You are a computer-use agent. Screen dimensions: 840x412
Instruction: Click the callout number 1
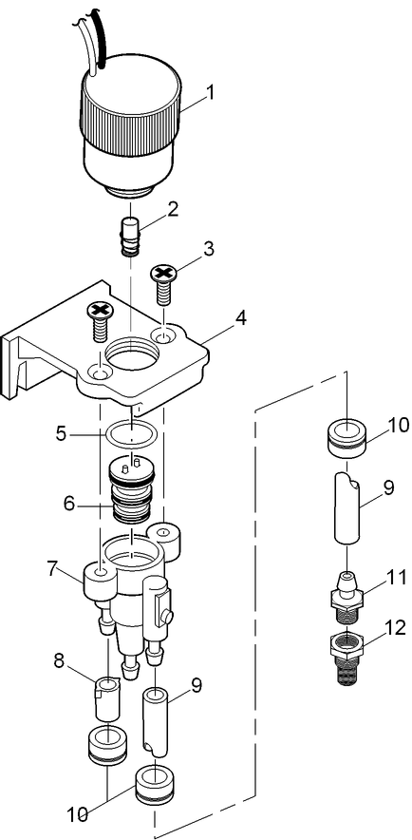[211, 93]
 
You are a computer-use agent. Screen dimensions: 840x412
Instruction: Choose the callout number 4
[241, 317]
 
